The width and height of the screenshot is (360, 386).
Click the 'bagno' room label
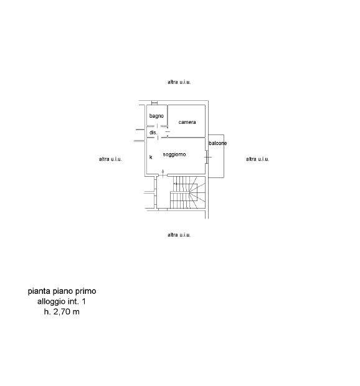click(x=156, y=116)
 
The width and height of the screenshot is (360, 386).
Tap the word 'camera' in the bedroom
click(x=187, y=122)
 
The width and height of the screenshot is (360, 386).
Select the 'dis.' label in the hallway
click(x=153, y=133)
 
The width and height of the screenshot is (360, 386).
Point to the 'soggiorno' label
click(x=174, y=154)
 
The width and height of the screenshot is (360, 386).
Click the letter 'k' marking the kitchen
click(x=151, y=157)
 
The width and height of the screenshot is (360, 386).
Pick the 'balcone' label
click(x=217, y=143)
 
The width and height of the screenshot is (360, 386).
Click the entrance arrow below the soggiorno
click(x=163, y=173)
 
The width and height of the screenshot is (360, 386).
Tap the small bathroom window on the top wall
click(x=154, y=103)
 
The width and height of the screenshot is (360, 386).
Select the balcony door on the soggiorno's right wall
click(x=207, y=157)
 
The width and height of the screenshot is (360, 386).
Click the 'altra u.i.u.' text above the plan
click(x=179, y=82)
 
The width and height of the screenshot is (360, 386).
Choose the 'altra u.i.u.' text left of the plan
click(x=110, y=159)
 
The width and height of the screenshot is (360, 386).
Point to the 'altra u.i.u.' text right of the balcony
click(x=257, y=159)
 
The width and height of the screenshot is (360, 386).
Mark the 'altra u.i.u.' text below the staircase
click(x=179, y=235)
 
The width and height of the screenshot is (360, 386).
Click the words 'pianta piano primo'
click(x=62, y=291)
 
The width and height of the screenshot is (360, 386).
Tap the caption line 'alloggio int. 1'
click(x=62, y=301)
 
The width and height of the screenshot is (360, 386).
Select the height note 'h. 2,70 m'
click(x=62, y=312)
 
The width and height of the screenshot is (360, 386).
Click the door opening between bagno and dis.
click(x=158, y=126)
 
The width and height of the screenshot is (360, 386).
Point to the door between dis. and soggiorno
click(x=158, y=138)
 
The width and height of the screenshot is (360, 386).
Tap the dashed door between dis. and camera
click(x=168, y=132)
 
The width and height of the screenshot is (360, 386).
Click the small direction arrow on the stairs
click(x=175, y=184)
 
